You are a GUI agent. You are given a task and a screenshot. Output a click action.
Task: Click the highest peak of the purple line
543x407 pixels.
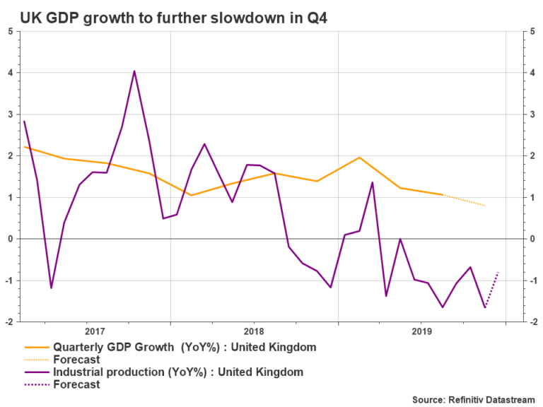coord(134,71)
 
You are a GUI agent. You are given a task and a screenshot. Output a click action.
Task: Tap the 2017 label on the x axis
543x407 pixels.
coord(94,331)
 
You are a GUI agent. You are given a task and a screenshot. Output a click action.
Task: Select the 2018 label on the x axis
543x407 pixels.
coord(254,331)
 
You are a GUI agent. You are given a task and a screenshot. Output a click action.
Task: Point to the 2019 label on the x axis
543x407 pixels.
coord(421,331)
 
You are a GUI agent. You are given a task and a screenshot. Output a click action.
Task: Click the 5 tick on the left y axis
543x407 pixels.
coord(11,31)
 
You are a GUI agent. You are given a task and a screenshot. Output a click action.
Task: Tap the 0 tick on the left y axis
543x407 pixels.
coord(11,239)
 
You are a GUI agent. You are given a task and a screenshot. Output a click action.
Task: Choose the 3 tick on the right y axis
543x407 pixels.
coord(530,114)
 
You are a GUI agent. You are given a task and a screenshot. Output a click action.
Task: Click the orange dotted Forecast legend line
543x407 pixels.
coord(39,360)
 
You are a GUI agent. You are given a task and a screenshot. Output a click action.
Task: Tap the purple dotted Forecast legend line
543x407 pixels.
coord(39,385)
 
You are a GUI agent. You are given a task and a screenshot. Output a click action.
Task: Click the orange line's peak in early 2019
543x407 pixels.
coord(360,158)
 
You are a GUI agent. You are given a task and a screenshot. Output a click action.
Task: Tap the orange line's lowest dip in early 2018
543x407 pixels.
coord(191,195)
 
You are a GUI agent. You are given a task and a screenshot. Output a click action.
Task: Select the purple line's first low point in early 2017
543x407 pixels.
coord(51,288)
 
